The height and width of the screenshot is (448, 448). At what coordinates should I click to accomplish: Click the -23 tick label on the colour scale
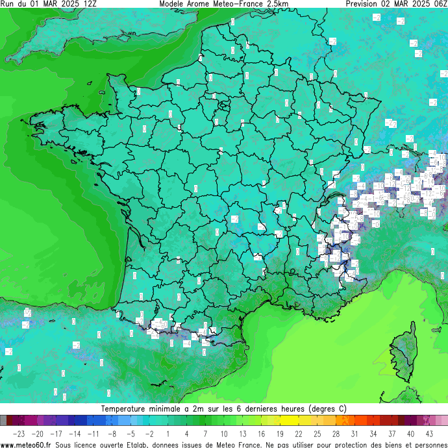(19, 434)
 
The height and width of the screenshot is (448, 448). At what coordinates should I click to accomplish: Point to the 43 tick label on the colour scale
(429, 434)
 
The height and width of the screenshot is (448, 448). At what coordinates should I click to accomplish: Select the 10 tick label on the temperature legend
(224, 434)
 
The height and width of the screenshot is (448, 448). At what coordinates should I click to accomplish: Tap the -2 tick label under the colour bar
(149, 434)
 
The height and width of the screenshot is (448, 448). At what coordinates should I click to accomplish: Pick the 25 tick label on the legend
(317, 434)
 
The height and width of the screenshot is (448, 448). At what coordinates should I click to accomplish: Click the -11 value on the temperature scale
(93, 434)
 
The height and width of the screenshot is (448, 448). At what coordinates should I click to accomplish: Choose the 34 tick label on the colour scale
(373, 434)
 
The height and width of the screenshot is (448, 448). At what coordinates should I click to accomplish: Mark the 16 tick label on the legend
(261, 434)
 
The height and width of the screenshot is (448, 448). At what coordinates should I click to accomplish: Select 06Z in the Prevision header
(440, 4)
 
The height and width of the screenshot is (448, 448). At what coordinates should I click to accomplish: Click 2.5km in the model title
(276, 4)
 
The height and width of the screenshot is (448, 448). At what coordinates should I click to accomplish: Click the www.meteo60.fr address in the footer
(26, 444)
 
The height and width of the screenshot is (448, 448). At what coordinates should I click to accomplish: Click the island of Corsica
(404, 354)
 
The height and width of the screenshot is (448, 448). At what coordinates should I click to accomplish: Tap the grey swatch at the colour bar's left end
(4, 420)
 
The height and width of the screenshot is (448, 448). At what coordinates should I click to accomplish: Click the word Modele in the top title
(172, 4)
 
